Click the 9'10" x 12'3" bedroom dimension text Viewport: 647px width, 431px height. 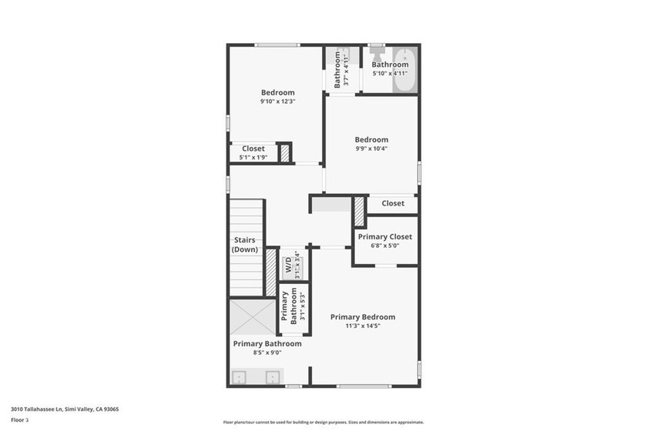[x=277, y=102]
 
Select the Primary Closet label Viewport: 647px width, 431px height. [x=384, y=237]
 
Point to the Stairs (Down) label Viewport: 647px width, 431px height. [x=244, y=245]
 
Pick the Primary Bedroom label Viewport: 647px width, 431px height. [x=362, y=317]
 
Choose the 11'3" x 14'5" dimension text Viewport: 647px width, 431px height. [x=362, y=326]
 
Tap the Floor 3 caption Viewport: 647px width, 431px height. [x=19, y=420]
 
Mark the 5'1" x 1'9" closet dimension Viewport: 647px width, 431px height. [x=253, y=157]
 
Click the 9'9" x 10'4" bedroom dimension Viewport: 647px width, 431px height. [x=371, y=149]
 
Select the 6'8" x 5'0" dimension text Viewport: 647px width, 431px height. [x=384, y=246]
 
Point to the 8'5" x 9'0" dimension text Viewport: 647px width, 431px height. [x=267, y=352]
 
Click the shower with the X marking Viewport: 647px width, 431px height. [x=251, y=317]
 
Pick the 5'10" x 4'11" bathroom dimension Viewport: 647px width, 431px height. [x=390, y=74]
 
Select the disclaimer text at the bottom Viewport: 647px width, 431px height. [x=323, y=422]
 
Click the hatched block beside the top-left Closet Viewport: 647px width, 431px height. [x=284, y=152]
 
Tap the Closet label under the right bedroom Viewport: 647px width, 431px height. [x=392, y=203]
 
